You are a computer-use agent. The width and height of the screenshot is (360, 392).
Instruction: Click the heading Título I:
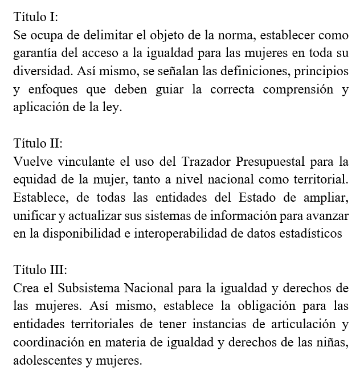35,17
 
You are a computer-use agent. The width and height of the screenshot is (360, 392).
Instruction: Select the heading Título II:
38,143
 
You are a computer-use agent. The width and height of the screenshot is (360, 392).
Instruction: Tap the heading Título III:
40,269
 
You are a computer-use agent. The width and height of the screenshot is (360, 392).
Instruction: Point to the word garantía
34,54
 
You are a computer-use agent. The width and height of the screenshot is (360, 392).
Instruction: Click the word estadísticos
311,234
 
